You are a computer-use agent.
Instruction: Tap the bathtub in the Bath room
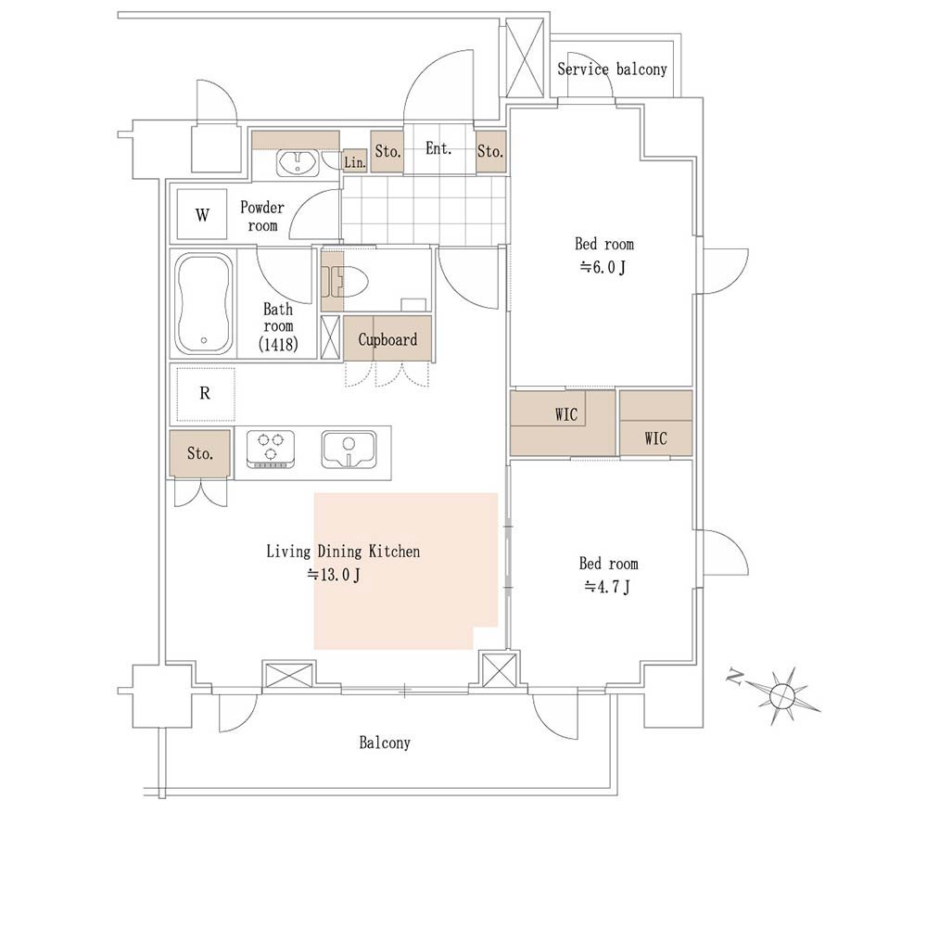[203, 304]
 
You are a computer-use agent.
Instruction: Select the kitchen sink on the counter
[349, 450]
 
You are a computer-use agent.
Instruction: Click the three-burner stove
[270, 450]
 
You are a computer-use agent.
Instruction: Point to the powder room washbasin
[298, 162]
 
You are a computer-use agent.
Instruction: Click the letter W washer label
[202, 215]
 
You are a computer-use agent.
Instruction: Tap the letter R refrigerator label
[205, 393]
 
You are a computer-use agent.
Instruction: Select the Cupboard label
[387, 339]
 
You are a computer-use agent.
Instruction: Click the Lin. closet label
[355, 162]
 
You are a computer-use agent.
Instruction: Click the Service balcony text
[612, 70]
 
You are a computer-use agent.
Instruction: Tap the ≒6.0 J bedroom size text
[603, 267]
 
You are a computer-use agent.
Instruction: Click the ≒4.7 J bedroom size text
[607, 587]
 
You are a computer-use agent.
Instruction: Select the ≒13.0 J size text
[334, 574]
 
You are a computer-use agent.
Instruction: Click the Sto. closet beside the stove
[200, 453]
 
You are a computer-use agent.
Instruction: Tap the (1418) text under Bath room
[278, 344]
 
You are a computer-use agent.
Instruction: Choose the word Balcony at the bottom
[385, 743]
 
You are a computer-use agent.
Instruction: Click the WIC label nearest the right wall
[655, 438]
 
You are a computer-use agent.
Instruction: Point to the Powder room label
[262, 216]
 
